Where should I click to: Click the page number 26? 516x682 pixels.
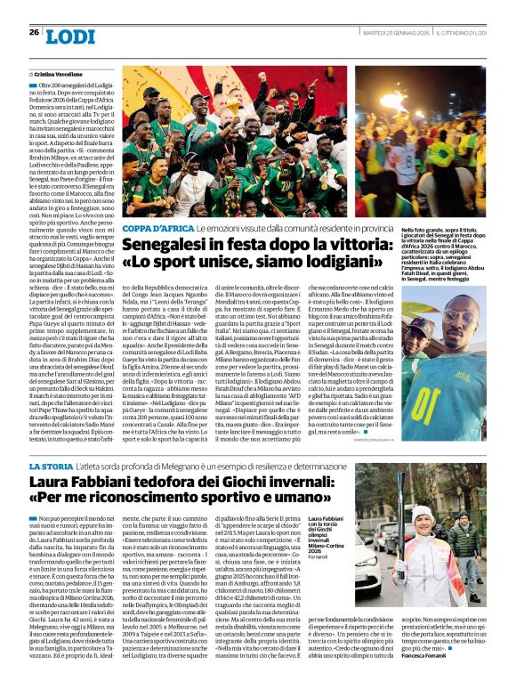tap(35, 32)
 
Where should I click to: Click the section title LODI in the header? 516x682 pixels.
tap(69, 36)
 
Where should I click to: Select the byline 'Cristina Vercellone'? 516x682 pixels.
tap(59, 74)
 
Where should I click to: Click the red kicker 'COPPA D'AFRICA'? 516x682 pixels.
tap(152, 229)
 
